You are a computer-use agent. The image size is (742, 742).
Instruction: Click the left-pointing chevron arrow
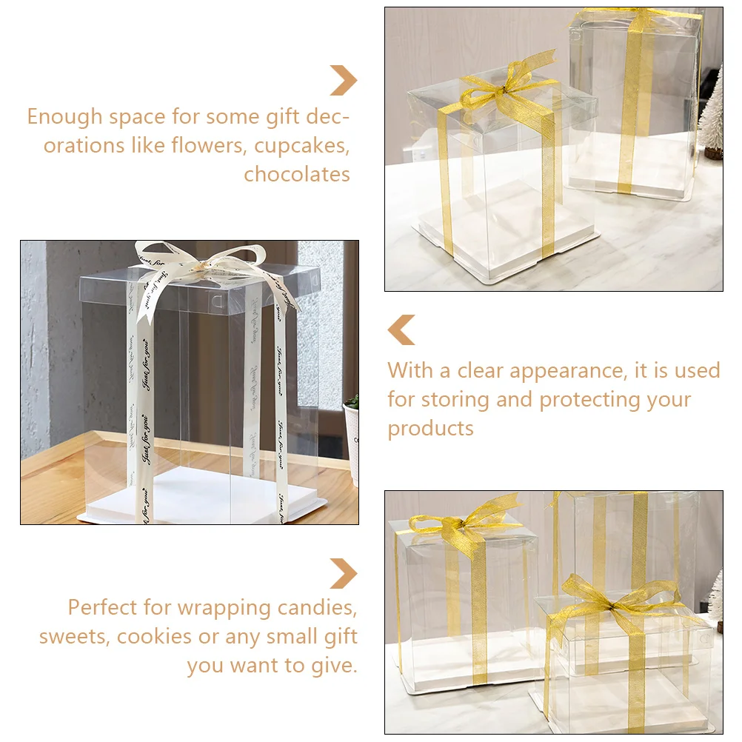(401, 330)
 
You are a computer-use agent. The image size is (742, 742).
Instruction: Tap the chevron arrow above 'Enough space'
(344, 81)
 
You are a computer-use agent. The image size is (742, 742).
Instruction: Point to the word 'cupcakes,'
(301, 145)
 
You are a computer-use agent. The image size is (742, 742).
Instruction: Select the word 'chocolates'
(297, 174)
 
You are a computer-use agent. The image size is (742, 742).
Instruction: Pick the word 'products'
(430, 429)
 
